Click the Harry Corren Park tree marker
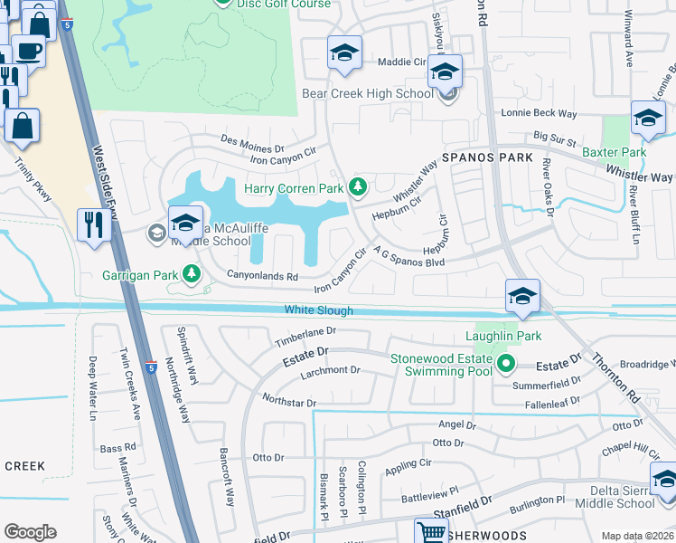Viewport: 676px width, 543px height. point(359,187)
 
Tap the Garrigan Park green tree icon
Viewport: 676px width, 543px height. point(192,272)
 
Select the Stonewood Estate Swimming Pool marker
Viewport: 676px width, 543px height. point(506,365)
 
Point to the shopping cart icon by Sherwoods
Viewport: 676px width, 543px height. point(431,532)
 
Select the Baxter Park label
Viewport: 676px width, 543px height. point(614,152)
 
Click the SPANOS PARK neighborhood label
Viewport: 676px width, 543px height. point(487,157)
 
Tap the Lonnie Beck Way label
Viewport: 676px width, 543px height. point(540,114)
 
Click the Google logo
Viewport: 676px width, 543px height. point(30,532)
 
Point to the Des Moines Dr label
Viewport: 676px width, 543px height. point(254,143)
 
